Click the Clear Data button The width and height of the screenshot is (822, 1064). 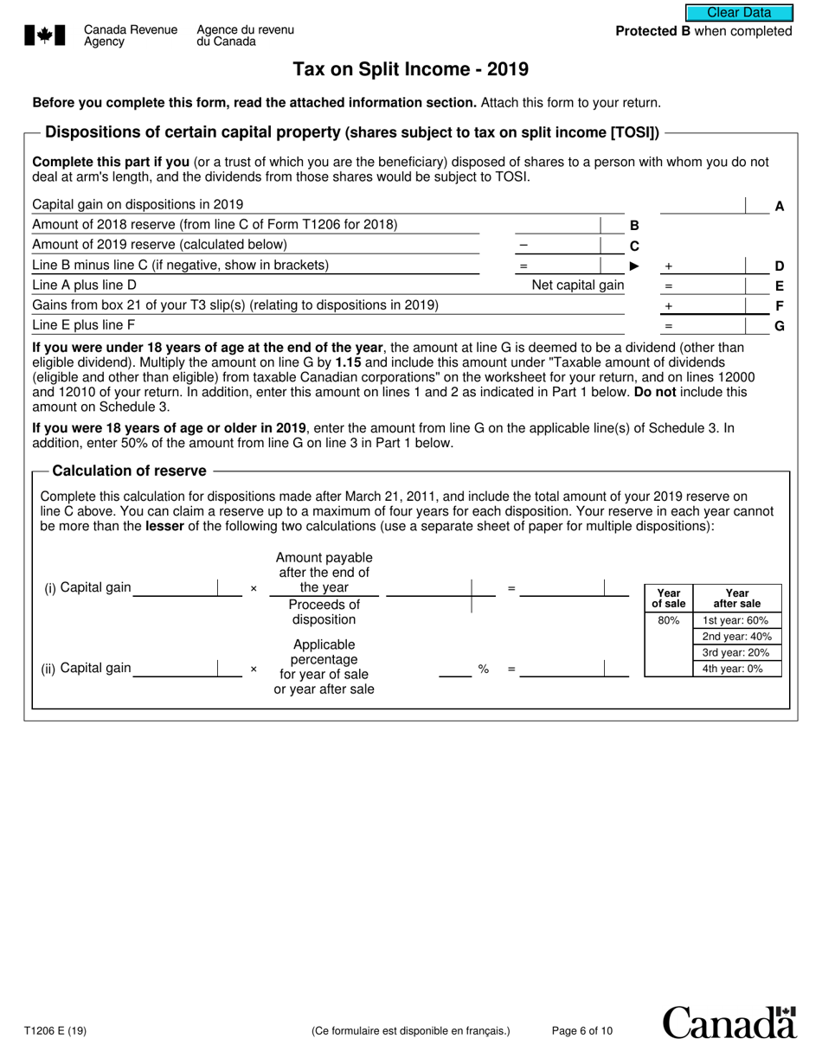tap(739, 13)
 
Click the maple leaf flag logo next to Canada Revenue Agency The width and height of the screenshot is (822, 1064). tap(45, 35)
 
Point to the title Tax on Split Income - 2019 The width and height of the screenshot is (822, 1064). tap(410, 69)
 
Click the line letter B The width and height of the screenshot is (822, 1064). tap(634, 225)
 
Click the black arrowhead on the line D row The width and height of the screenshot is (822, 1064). tap(634, 266)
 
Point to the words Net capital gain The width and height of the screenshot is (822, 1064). tap(577, 285)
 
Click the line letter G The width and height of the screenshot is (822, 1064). tap(779, 326)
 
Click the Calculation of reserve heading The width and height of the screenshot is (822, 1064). tap(130, 471)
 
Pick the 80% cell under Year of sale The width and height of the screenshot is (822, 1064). tap(668, 620)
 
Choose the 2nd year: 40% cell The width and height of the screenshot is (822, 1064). tap(736, 637)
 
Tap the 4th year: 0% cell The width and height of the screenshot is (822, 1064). tap(736, 669)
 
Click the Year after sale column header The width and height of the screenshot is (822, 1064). tap(736, 598)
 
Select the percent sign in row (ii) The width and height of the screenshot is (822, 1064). tap(484, 669)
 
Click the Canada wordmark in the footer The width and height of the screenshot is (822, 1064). tap(729, 1022)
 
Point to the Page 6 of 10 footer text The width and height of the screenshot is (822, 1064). tap(582, 1030)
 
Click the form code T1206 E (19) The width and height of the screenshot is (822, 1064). tap(55, 1030)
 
